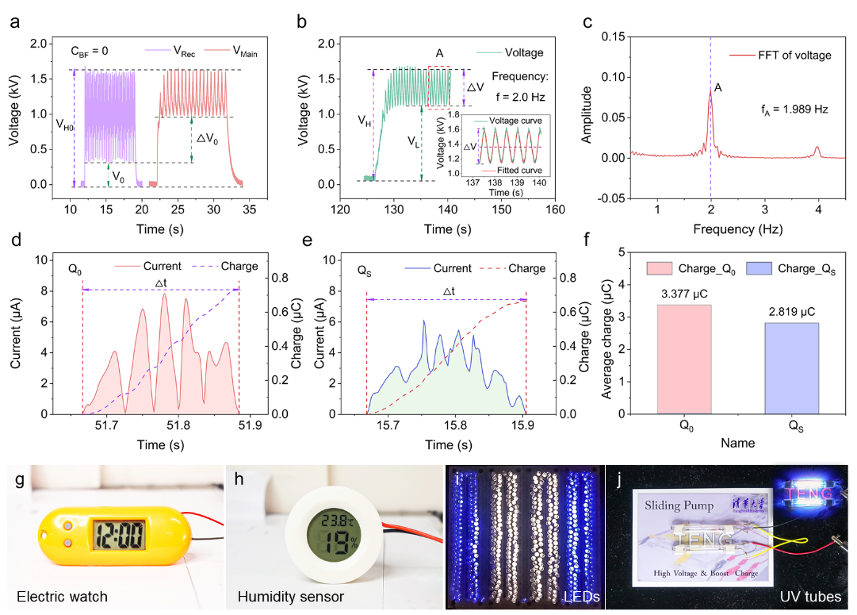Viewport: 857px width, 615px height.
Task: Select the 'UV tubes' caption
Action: (809, 594)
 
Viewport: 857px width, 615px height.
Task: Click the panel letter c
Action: (587, 22)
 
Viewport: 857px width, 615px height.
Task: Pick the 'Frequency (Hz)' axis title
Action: (738, 230)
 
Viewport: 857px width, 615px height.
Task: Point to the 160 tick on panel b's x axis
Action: (555, 210)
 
